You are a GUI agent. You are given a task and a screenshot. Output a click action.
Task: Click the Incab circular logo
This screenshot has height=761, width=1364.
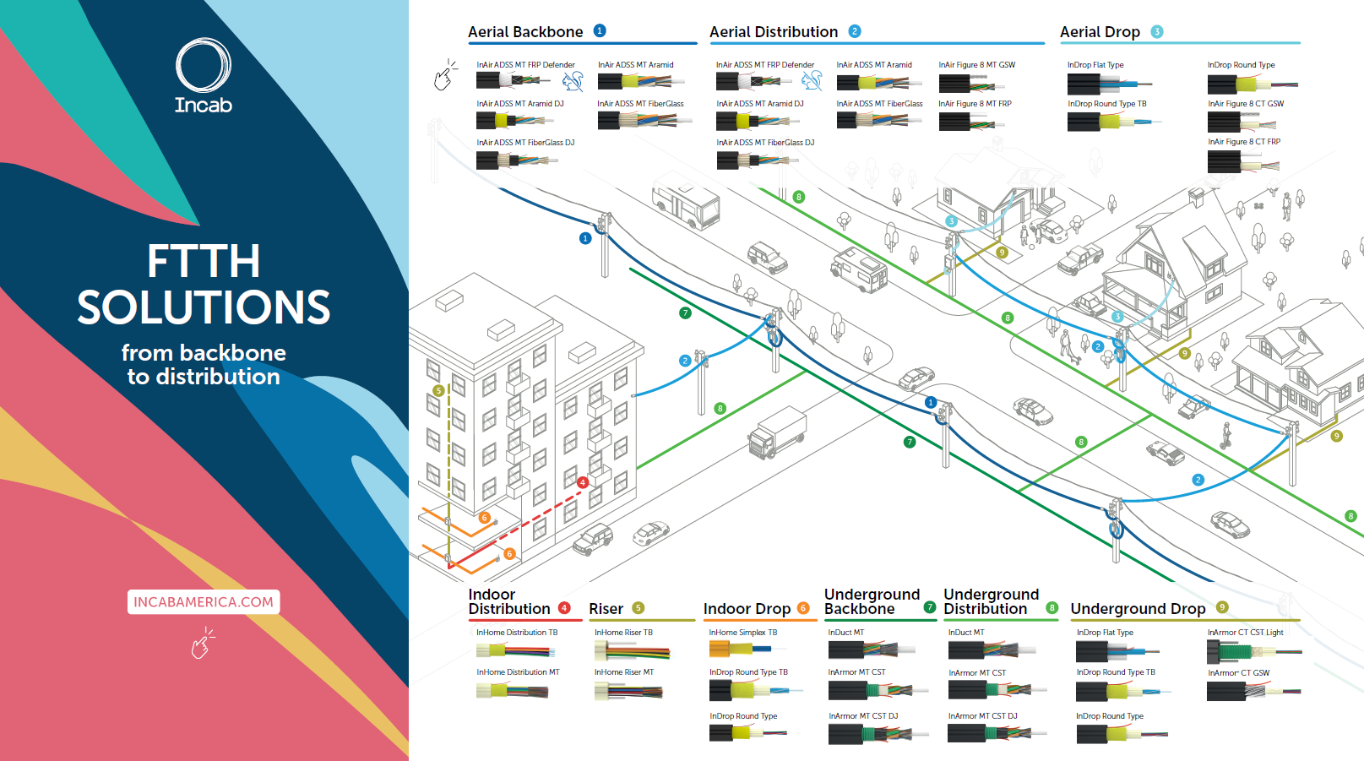tap(203, 66)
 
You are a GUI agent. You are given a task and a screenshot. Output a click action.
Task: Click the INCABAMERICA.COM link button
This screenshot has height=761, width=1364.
tap(204, 602)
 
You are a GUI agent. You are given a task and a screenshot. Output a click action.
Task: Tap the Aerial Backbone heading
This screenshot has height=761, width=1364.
tap(525, 32)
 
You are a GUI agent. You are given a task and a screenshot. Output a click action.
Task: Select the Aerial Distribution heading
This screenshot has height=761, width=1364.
tap(774, 32)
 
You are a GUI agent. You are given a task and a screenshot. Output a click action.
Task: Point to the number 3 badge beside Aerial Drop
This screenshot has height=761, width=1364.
tap(1157, 32)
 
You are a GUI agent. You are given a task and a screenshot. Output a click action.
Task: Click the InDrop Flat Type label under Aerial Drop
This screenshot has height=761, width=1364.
tap(1095, 65)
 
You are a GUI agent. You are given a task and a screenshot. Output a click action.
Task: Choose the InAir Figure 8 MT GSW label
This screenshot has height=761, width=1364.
tap(976, 65)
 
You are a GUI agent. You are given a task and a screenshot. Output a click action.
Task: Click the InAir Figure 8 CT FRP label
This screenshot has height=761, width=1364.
tap(1244, 142)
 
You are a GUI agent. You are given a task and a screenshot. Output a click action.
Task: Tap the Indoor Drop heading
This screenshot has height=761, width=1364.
tap(747, 609)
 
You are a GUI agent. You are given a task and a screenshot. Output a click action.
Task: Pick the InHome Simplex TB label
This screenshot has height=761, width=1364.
tap(743, 633)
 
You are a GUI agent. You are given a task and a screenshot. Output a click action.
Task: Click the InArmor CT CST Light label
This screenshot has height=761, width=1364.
tap(1245, 633)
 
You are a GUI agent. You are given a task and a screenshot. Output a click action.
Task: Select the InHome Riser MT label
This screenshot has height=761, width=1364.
tap(624, 672)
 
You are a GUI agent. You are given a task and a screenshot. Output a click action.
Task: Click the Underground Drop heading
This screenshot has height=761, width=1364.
tap(1138, 609)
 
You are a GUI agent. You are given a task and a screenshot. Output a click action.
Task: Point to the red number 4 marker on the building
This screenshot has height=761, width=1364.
tap(582, 482)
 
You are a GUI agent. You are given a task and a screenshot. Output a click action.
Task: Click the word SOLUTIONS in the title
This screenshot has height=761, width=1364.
tap(204, 307)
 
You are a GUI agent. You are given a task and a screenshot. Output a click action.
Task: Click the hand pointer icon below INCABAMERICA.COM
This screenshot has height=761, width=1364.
tap(202, 644)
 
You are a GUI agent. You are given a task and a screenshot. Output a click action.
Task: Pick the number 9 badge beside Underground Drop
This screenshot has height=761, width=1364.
tap(1222, 607)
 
